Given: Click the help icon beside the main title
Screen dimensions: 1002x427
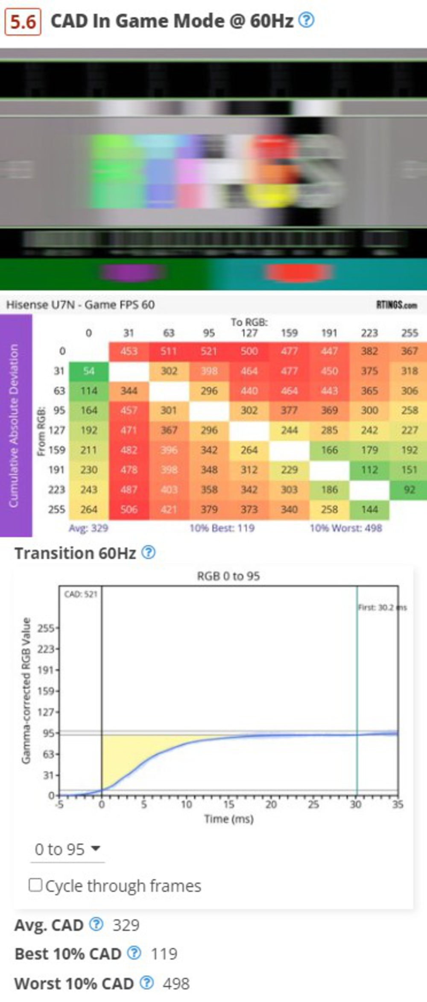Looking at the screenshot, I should [306, 20].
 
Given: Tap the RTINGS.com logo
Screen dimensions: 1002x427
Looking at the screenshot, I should [397, 305].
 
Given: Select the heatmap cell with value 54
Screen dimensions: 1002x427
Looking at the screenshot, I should [89, 371].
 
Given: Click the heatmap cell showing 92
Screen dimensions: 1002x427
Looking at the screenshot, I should [409, 489].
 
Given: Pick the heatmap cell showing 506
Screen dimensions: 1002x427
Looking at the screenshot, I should [129, 509].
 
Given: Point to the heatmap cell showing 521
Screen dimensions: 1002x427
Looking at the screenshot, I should [209, 351].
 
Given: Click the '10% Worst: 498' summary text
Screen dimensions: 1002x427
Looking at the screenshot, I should [346, 528].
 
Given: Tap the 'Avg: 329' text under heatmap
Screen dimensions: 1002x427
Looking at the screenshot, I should [88, 528].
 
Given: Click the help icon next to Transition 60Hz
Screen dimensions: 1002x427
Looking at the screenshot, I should [148, 552].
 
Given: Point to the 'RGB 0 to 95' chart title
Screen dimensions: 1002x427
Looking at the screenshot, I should [228, 576].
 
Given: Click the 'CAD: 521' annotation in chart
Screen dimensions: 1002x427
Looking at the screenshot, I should [81, 594].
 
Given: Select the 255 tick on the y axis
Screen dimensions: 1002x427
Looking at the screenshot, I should [46, 628].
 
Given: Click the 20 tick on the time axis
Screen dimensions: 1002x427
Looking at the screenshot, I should [271, 804].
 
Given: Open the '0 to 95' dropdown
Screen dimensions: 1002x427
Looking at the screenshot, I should [67, 849].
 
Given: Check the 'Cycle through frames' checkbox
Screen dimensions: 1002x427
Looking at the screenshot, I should [35, 885].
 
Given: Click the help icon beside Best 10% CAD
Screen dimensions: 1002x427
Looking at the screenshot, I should [135, 953].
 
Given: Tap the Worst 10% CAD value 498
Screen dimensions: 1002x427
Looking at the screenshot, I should [176, 984].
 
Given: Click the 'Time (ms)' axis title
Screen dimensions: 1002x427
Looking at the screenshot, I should [228, 819].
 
